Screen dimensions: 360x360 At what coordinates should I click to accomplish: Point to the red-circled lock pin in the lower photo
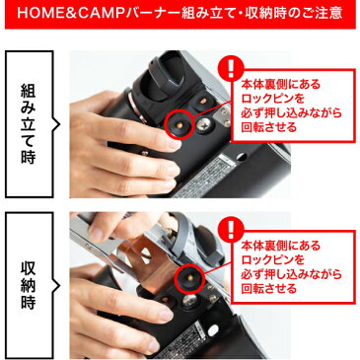(x=182, y=281)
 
